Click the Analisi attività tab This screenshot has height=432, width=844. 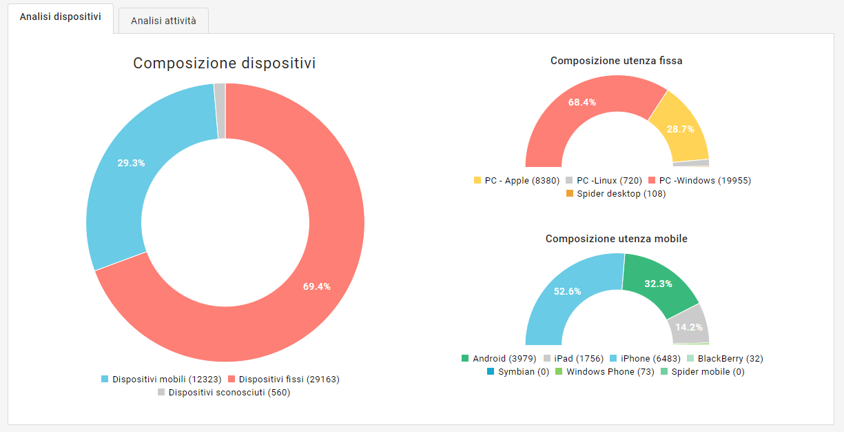(163, 21)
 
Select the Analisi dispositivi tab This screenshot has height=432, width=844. (61, 17)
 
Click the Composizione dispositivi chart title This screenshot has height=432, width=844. (225, 63)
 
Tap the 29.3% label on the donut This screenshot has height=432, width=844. (131, 163)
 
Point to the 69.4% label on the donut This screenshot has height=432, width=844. (317, 286)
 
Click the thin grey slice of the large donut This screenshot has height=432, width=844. (220, 110)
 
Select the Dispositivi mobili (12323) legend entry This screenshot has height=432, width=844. (161, 379)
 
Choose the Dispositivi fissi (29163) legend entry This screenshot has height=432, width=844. (283, 379)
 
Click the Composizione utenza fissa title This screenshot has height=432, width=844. (617, 61)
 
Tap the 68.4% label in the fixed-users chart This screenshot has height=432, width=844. (582, 102)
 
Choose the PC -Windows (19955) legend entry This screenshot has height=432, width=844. (699, 180)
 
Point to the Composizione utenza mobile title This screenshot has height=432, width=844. (617, 239)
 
